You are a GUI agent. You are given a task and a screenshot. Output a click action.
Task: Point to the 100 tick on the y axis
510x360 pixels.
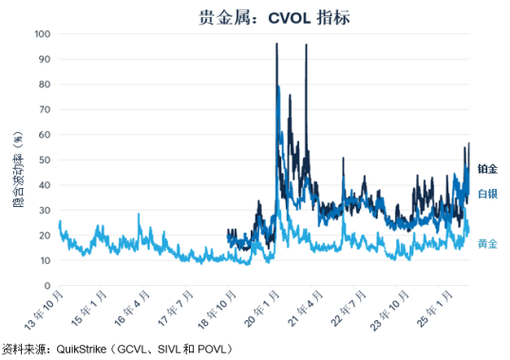click(43, 33)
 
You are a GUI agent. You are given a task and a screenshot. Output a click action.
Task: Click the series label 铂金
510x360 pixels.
click(487, 169)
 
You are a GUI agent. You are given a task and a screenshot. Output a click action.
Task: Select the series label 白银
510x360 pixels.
click(487, 194)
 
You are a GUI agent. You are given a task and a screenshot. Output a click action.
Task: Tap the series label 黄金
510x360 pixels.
click(487, 244)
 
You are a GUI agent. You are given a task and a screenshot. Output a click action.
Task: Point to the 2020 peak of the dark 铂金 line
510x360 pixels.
click(276, 44)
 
